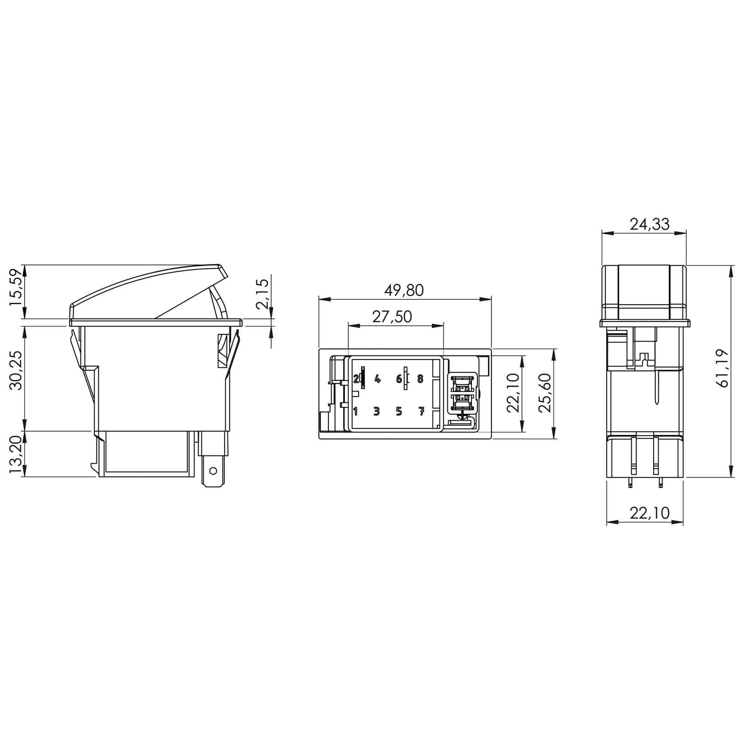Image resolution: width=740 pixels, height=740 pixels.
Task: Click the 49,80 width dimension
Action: coord(404,290)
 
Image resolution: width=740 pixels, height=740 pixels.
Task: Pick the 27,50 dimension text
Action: coord(392,317)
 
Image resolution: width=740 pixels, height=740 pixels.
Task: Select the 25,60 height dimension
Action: coord(544,393)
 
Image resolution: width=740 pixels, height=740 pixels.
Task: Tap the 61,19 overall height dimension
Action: coord(723,368)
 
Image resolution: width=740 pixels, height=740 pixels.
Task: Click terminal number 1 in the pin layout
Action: coord(356,411)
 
